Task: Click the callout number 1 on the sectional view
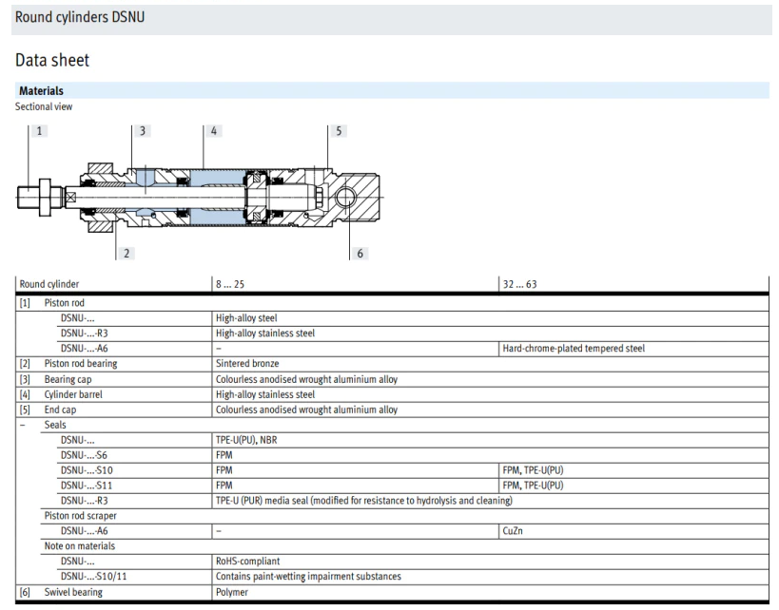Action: tap(39, 131)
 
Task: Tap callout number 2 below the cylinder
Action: tap(127, 253)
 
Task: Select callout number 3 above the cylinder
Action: tap(143, 131)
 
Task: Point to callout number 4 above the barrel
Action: tap(214, 131)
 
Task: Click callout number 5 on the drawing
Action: tap(339, 131)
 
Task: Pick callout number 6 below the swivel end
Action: tap(360, 253)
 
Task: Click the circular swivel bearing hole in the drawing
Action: tap(345, 198)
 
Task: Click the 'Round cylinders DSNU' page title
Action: tap(80, 17)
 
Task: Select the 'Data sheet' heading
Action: tap(52, 60)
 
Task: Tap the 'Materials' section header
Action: tap(41, 91)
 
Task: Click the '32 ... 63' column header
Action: tap(519, 284)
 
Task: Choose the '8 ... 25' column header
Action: tap(230, 284)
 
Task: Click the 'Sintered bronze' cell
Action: tap(247, 363)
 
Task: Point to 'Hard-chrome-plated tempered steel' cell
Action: tap(574, 349)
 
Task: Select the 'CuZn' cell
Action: tap(513, 530)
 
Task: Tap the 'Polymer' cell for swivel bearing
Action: tap(232, 592)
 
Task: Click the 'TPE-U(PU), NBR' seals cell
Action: tap(246, 440)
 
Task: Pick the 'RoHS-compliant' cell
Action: tap(248, 561)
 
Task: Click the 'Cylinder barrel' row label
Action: tap(73, 394)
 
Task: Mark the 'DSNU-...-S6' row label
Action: tap(84, 455)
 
